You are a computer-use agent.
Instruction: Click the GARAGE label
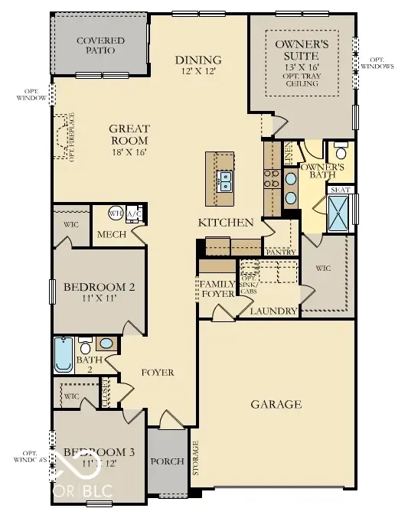pyautogui.click(x=276, y=404)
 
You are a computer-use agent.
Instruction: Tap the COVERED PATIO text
pyautogui.click(x=96, y=45)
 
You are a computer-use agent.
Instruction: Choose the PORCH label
pyautogui.click(x=168, y=461)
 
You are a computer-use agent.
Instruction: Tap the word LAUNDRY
pyautogui.click(x=276, y=311)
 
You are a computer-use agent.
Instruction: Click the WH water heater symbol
pyautogui.click(x=116, y=213)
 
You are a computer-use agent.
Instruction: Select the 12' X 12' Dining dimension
pyautogui.click(x=197, y=72)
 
